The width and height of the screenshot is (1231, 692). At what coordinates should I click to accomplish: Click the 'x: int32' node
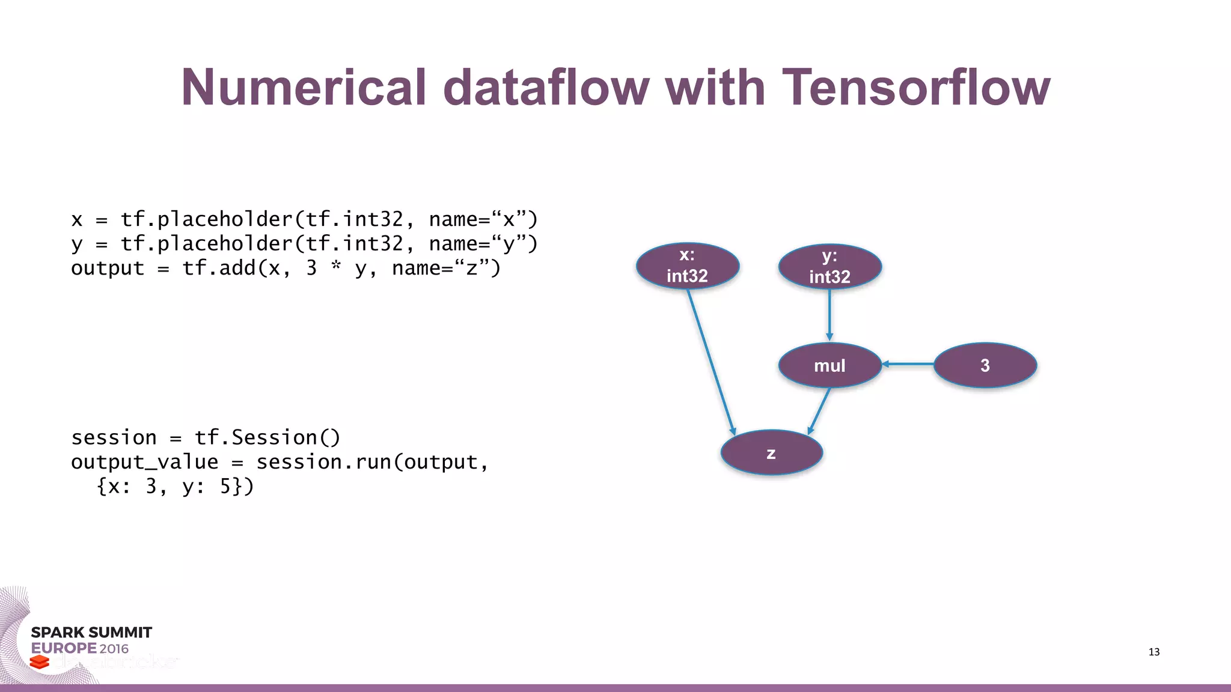click(x=688, y=266)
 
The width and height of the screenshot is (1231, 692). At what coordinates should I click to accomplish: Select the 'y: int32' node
click(x=829, y=266)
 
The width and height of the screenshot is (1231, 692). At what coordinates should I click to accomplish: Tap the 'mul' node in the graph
click(x=829, y=365)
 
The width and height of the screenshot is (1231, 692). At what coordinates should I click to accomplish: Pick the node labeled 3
click(x=985, y=365)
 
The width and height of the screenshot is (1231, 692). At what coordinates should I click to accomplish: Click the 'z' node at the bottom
click(x=771, y=453)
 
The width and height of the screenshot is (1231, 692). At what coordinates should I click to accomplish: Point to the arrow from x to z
click(x=710, y=360)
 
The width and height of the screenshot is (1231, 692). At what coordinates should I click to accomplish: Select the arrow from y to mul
click(x=829, y=314)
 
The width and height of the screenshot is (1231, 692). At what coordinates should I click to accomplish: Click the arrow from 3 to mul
click(x=908, y=364)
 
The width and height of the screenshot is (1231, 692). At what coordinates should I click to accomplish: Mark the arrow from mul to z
click(x=820, y=410)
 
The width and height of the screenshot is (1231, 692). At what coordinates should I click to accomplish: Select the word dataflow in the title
click(x=546, y=87)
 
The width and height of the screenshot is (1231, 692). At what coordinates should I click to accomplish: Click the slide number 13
click(x=1153, y=652)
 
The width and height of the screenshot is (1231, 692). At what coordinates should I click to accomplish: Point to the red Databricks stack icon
click(x=40, y=662)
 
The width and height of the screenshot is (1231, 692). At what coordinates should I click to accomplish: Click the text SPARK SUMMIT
click(x=91, y=633)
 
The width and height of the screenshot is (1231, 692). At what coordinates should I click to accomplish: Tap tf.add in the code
click(x=219, y=268)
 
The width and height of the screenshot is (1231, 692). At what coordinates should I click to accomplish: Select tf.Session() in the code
click(x=267, y=437)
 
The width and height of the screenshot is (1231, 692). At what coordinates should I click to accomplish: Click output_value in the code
click(x=144, y=462)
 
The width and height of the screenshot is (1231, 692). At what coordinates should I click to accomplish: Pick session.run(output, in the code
click(x=372, y=462)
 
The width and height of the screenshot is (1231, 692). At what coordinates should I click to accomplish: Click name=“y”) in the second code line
click(x=483, y=244)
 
